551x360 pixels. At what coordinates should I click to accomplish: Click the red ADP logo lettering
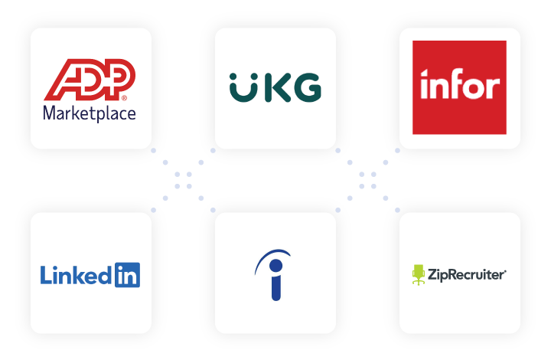click(x=90, y=80)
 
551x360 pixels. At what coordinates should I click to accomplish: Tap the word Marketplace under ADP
click(x=90, y=113)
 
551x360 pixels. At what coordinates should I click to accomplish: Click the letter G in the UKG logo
click(x=306, y=88)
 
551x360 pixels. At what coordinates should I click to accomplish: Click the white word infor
click(x=459, y=85)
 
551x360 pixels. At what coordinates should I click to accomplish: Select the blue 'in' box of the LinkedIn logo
click(x=127, y=274)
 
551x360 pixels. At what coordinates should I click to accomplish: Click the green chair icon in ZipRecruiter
click(x=419, y=273)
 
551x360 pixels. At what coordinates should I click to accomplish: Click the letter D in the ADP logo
click(x=90, y=80)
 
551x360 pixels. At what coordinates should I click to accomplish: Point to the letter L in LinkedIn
click(x=45, y=274)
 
